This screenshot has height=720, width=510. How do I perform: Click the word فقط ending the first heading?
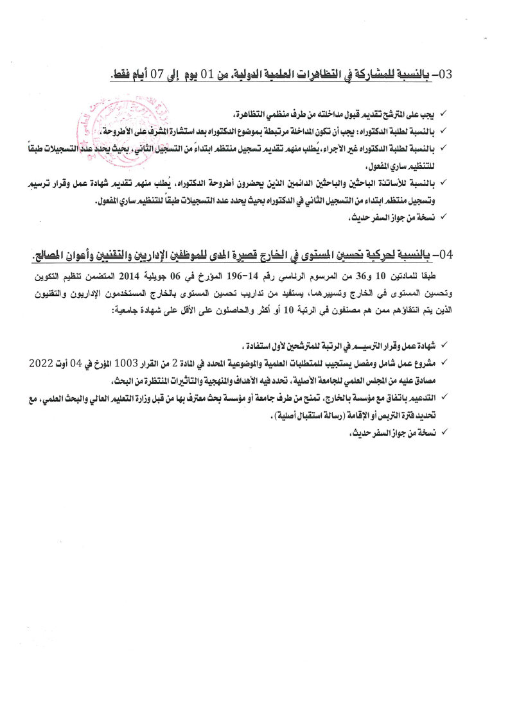point(119,74)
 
